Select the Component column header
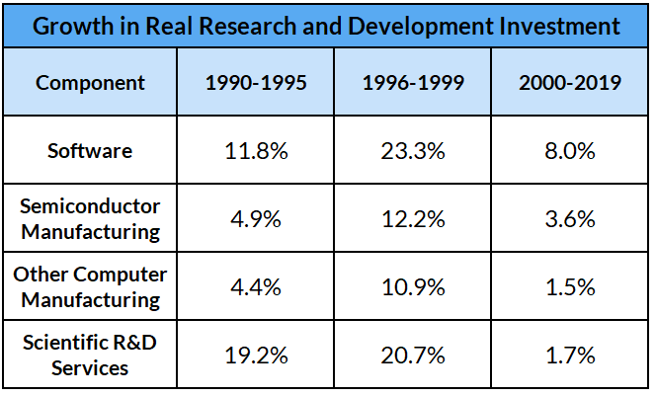coord(90,82)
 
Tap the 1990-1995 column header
coord(257,82)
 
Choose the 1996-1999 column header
coord(413,82)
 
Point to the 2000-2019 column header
coord(570,82)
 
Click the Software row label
coord(90,150)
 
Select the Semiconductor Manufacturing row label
coord(90,218)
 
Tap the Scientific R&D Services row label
coord(90,355)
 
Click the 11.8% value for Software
coord(257,150)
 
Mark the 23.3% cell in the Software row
coord(413,150)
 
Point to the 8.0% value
coord(570,150)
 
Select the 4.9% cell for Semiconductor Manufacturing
coord(257,219)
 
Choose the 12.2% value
coord(413,219)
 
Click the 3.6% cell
coord(570,219)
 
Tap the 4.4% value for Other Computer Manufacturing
coord(257,287)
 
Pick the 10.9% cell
coord(413,287)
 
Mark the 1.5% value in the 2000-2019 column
coord(570,287)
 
